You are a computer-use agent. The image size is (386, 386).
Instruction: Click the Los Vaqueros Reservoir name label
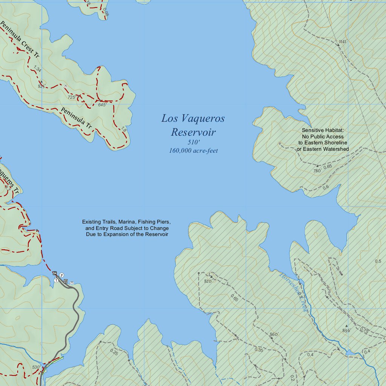pos(193,125)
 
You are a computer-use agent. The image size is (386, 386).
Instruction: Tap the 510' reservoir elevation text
pos(193,142)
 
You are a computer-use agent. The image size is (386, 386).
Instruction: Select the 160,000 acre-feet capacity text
pos(193,151)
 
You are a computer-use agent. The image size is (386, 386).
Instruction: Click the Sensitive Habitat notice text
pos(323,139)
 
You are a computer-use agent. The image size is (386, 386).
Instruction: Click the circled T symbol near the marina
pos(56,280)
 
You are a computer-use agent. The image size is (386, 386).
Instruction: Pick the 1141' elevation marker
pos(342,41)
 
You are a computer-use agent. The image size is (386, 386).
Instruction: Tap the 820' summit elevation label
pos(208,281)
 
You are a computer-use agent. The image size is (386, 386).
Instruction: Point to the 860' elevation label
pos(274,334)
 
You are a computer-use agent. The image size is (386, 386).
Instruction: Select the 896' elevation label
pos(346,330)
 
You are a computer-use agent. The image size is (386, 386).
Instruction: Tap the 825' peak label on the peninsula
pos(41,86)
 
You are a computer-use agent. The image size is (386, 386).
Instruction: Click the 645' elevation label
pos(102,104)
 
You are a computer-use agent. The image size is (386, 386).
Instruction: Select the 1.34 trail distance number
pos(37,68)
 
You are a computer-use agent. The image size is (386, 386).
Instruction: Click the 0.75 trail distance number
pos(364,330)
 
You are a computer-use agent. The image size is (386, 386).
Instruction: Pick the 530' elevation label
pos(36,367)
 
